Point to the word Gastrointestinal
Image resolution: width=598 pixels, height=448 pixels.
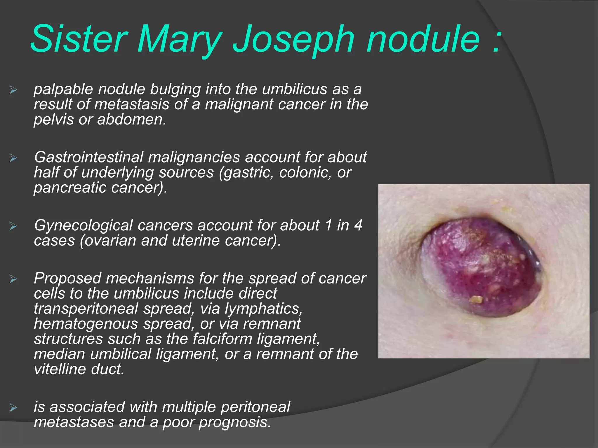pos(89,157)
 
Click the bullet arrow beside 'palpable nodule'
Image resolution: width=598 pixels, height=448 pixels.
pos(13,90)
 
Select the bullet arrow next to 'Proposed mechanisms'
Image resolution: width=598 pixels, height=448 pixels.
pos(13,279)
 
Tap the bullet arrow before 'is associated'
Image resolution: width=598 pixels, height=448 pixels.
pos(13,408)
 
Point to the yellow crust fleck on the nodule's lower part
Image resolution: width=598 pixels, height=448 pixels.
pos(477,299)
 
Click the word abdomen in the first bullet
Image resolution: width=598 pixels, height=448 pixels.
pos(132,120)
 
